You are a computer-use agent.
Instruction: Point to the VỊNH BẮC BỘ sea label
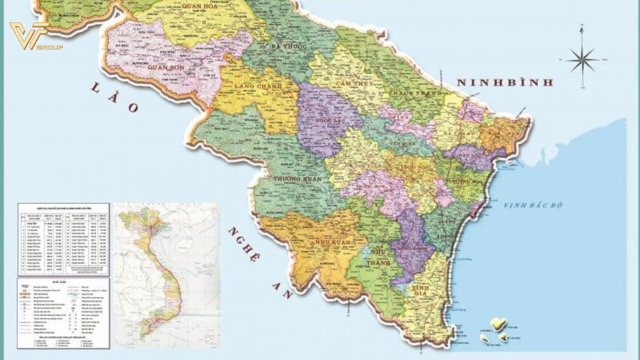(532, 205)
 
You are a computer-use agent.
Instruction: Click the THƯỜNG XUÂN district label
(297, 179)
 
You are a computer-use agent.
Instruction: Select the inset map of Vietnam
(166, 275)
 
